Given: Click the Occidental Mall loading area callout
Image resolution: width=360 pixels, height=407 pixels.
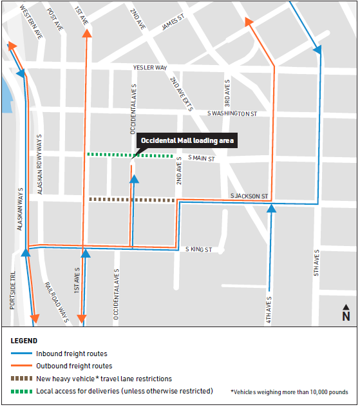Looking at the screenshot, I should [x=187, y=140].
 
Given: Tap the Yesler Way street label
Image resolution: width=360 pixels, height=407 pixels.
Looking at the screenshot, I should [x=150, y=67].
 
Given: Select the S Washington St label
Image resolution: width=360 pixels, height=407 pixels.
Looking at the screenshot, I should [x=232, y=113].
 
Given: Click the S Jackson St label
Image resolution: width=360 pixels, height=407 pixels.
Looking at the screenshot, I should [x=249, y=196].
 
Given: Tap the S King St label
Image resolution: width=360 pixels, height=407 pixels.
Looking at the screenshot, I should [x=198, y=249].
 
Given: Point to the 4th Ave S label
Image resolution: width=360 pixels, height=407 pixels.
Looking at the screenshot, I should [x=269, y=310].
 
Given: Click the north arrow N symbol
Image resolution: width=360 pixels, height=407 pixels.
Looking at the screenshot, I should [x=346, y=314].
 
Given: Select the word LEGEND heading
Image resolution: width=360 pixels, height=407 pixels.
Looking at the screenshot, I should [x=24, y=341].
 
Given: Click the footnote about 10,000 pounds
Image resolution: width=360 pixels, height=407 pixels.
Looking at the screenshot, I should [x=289, y=392].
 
